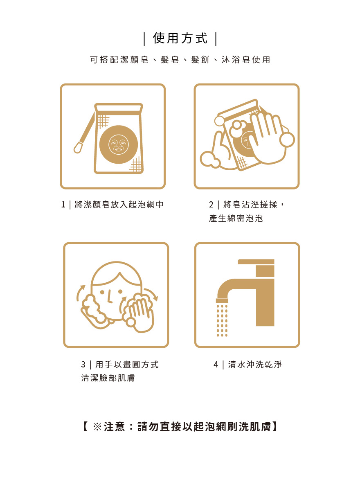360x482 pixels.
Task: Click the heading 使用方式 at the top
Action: coord(180,38)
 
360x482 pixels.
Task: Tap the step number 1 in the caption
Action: coord(63,205)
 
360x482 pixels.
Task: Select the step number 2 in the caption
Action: coord(211,205)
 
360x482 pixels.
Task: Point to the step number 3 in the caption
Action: coord(83,365)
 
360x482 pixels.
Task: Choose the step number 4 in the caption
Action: coord(216,365)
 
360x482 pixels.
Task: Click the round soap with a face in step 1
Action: coord(119,144)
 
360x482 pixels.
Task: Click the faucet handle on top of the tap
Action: coord(256,261)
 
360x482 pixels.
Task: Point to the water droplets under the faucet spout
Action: coord(222,320)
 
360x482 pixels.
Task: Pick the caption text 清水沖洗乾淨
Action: coord(255,365)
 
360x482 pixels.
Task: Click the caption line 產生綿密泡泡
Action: coord(236,218)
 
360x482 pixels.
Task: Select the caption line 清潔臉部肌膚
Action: coord(108,378)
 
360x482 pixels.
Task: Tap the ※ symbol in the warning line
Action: coord(97,427)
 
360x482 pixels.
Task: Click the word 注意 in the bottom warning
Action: coord(115,427)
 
